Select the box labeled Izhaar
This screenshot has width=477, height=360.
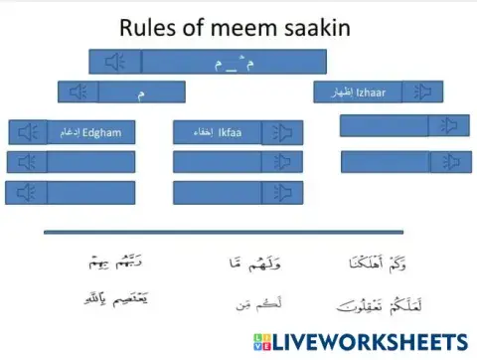[x=357, y=92]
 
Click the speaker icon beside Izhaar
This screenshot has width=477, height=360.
[x=424, y=92]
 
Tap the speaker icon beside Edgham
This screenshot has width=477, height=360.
[x=28, y=132]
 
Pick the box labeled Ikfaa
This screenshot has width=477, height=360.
[x=216, y=132]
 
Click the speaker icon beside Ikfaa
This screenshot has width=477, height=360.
[x=282, y=132]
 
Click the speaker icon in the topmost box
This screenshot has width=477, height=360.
[x=115, y=63]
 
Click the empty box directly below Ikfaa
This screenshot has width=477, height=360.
[x=216, y=162]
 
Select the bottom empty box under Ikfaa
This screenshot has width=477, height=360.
[x=216, y=192]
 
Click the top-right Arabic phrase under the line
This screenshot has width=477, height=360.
[x=378, y=263]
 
